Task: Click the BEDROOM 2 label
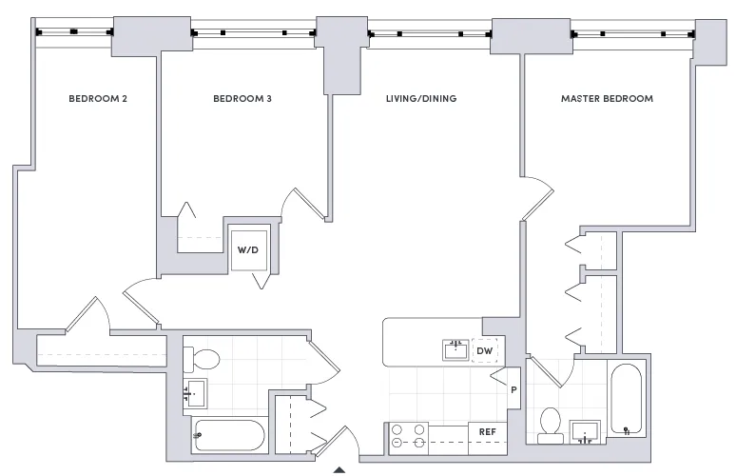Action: point(99,98)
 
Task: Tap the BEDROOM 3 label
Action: point(242,98)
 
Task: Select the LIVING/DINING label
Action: point(420,98)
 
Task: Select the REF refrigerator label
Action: point(488,432)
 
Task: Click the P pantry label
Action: point(512,389)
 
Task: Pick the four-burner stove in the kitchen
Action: point(409,435)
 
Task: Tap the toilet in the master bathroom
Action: point(550,426)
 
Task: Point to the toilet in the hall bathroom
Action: point(202,359)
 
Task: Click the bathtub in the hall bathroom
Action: point(228,436)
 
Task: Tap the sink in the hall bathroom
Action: point(195,390)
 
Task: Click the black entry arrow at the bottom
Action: point(339,469)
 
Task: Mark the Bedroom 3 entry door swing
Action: point(308,203)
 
